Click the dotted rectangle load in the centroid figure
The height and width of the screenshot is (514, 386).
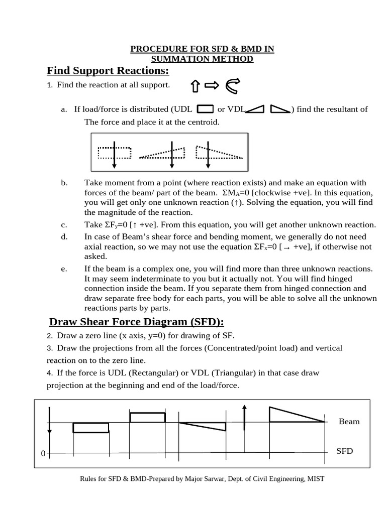coord(115,153)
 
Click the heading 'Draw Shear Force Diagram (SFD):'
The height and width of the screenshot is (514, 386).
coord(136,322)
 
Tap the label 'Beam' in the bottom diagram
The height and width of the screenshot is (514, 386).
coord(349,422)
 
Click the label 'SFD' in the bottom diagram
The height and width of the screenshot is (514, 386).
coord(344,451)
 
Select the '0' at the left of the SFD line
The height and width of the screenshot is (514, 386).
coord(43,454)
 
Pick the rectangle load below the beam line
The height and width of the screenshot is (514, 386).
coord(90,427)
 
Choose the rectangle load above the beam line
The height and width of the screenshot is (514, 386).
coord(147,417)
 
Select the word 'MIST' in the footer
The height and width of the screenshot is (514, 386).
coord(315,479)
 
